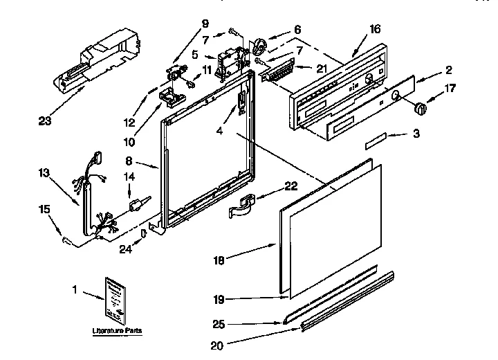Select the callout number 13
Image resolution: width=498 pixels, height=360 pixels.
coord(44,172)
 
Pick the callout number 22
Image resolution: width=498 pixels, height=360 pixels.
coord(291,185)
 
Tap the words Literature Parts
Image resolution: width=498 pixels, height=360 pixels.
coord(117,332)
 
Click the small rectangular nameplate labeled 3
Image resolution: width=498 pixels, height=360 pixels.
coord(378,143)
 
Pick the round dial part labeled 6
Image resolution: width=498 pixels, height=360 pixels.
coord(260,46)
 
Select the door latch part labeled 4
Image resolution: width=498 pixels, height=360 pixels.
coord(241,104)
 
